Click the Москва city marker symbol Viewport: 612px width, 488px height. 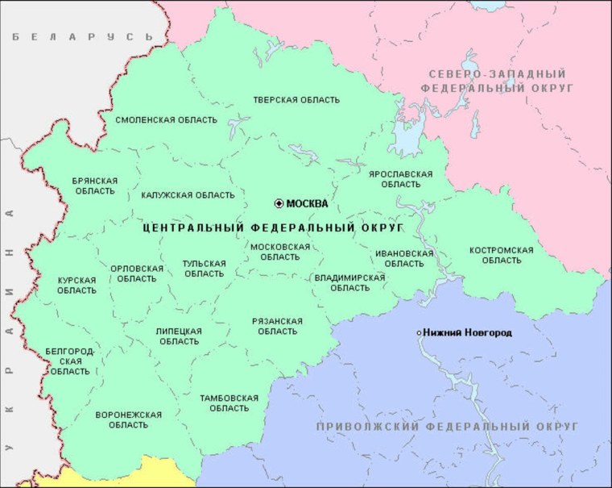click(x=279, y=203)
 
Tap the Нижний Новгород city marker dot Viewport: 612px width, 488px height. click(x=419, y=332)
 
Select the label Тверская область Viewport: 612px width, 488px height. click(x=296, y=100)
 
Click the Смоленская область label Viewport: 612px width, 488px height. click(x=166, y=120)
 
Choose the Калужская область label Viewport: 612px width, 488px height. click(x=188, y=195)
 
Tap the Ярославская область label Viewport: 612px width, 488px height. click(x=400, y=179)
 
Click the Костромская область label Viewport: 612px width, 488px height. click(x=501, y=255)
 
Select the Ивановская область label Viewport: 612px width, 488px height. click(x=399, y=258)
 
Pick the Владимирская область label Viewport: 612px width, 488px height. click(x=349, y=282)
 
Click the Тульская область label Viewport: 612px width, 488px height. click(x=204, y=269)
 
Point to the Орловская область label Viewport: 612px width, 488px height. click(x=136, y=273)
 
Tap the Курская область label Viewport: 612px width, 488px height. click(x=76, y=286)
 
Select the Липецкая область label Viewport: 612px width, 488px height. click(x=179, y=336)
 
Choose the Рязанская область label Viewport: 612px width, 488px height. click(x=277, y=326)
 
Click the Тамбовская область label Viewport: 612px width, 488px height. click(x=229, y=402)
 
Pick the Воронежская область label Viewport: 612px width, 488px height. click(x=128, y=419)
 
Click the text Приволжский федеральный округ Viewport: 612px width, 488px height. click(x=436, y=425)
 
